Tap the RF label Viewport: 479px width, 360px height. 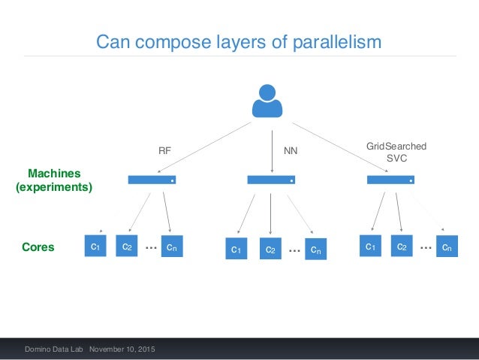click(164, 150)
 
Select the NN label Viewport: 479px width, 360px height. click(291, 150)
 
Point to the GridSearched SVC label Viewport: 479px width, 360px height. click(396, 152)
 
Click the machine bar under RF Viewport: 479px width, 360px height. click(152, 180)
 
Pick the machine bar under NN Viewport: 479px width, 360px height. click(271, 180)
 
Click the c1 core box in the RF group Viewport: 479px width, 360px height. click(95, 247)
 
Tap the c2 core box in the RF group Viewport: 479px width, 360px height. click(127, 247)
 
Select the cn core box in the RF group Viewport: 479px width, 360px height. click(172, 247)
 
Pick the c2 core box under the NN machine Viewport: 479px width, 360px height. click(271, 249)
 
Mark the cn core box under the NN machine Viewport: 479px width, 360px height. click(316, 249)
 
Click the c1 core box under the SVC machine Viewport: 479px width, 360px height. click(370, 247)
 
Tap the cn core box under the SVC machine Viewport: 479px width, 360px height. click(447, 247)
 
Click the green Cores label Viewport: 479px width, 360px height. click(38, 247)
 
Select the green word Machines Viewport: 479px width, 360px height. click(54, 174)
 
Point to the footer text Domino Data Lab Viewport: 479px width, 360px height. click(54, 349)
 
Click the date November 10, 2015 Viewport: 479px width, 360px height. click(125, 349)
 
